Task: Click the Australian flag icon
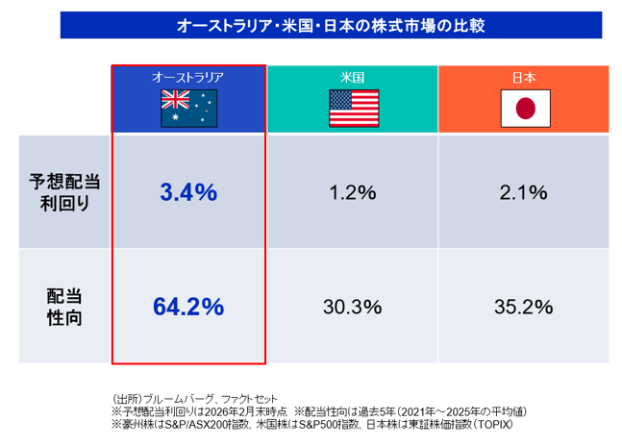click(x=189, y=108)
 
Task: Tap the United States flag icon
click(x=354, y=108)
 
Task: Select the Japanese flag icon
click(x=524, y=109)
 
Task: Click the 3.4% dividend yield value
click(x=188, y=192)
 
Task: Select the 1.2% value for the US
click(x=353, y=192)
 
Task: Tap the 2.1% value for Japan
click(x=524, y=192)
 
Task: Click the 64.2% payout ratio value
click(x=188, y=307)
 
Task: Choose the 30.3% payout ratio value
click(x=353, y=307)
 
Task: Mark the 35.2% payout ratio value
click(x=524, y=307)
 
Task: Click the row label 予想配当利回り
click(x=65, y=192)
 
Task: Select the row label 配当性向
click(x=65, y=307)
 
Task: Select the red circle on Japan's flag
click(x=524, y=109)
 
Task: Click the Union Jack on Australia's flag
click(x=176, y=100)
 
